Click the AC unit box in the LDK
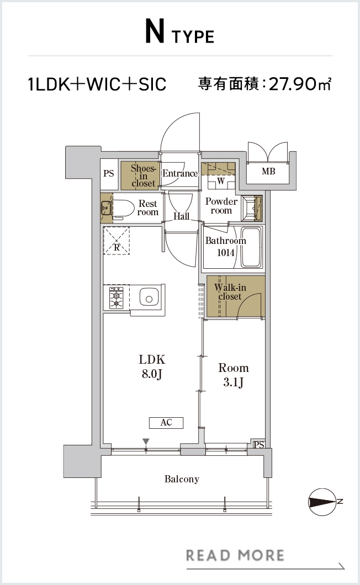coord(166,422)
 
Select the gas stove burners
coord(117,297)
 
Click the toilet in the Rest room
coord(123,209)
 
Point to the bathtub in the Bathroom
coord(251,247)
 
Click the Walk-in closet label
coord(230,292)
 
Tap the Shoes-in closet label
coord(143,175)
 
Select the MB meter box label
coord(268,171)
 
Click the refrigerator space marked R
coord(117,241)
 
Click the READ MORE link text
coord(235,556)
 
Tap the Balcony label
coord(182,479)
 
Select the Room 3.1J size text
coord(234,375)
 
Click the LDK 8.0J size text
coord(152,366)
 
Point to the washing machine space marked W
coord(221,182)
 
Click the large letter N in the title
coord(155,33)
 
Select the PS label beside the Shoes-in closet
coord(109,173)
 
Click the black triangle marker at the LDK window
coord(146,442)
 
